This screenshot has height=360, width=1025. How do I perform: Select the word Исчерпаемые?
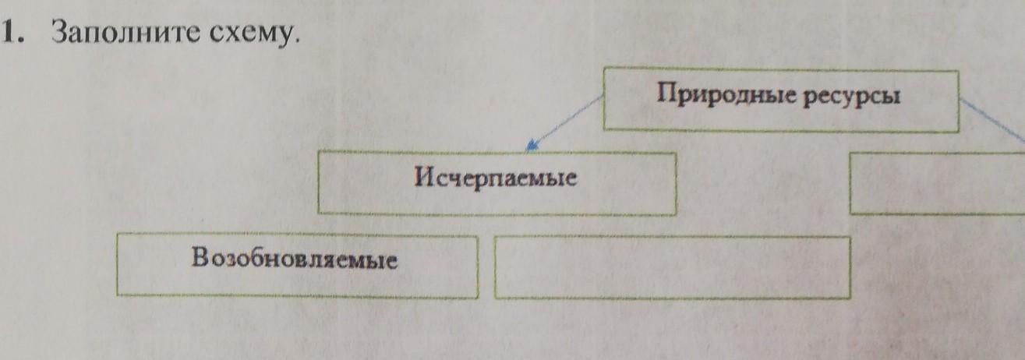click(496, 180)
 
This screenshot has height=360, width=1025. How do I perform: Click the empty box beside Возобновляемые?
click(672, 267)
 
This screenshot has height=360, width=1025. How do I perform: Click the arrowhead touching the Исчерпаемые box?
click(532, 144)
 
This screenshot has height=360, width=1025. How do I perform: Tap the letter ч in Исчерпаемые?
click(454, 180)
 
